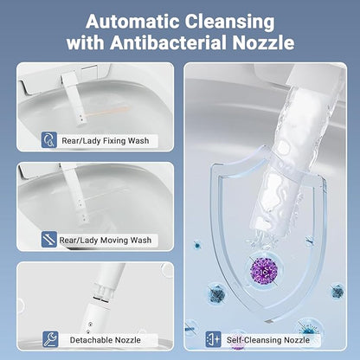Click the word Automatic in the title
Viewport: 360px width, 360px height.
coord(132,22)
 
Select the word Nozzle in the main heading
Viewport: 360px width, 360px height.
coord(263,42)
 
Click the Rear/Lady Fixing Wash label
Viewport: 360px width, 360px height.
coord(106,141)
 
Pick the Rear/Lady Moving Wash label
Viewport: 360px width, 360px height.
coord(106,241)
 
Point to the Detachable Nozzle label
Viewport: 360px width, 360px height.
coord(106,340)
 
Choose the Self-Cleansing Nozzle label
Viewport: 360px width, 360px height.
coord(268,340)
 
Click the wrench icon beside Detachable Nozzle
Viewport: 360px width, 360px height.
coord(50,339)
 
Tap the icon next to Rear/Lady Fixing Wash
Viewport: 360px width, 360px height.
coord(49,140)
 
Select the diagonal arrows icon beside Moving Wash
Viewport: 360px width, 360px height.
coord(49,239)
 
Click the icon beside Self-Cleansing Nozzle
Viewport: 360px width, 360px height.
coord(214,339)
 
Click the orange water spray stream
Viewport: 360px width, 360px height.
coord(107,112)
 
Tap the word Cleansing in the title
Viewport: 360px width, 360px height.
coord(229,22)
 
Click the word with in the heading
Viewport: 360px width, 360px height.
coord(86,42)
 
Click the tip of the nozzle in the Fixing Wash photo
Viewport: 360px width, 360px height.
coord(82,120)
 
